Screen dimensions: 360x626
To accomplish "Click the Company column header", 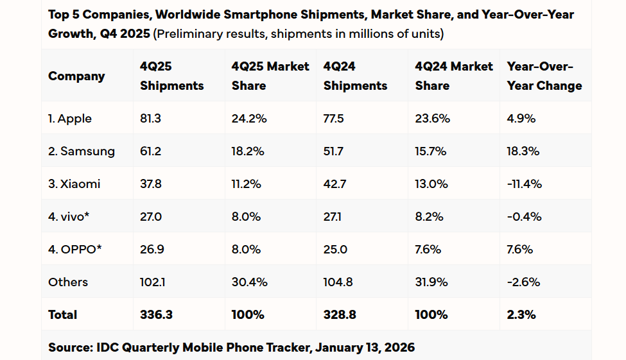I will (76, 76).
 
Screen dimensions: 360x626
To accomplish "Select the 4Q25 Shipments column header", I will (171, 76).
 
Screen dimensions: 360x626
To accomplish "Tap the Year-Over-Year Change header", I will (544, 76).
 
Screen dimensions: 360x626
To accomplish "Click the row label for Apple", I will (70, 119).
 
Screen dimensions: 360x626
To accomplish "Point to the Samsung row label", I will (82, 151).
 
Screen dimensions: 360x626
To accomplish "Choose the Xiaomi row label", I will (74, 184).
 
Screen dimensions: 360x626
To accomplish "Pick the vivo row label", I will (69, 217).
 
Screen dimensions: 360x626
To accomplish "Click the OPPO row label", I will (75, 250).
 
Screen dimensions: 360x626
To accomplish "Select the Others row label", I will (68, 282).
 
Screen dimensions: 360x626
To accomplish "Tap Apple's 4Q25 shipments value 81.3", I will (151, 119).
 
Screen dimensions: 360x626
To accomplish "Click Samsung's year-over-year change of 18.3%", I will (523, 151).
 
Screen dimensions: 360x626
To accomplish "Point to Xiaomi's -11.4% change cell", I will (524, 184).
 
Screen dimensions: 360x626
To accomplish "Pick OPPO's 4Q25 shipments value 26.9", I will (152, 250).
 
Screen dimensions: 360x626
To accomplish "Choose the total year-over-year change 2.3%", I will (521, 315).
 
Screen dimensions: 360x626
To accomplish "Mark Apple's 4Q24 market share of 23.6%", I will (433, 119).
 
